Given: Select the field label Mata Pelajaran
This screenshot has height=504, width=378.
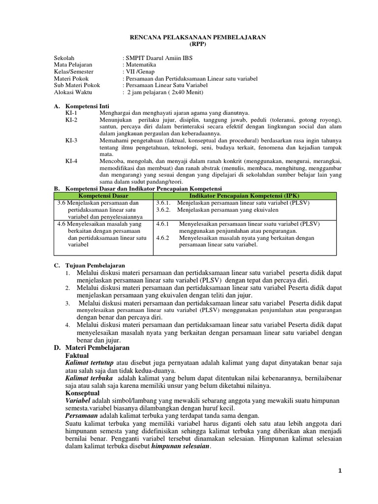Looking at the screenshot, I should [x=73, y=64].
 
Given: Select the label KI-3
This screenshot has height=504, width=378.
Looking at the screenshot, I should [x=71, y=140].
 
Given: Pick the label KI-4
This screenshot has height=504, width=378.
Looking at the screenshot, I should [x=71, y=161].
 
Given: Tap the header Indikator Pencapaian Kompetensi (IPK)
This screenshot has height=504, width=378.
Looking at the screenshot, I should [x=245, y=196].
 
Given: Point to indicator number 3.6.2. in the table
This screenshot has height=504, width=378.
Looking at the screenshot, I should [x=164, y=210].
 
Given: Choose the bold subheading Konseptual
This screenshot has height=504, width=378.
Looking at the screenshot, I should [x=83, y=393].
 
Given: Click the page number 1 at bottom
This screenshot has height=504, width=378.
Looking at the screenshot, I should [x=340, y=471].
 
